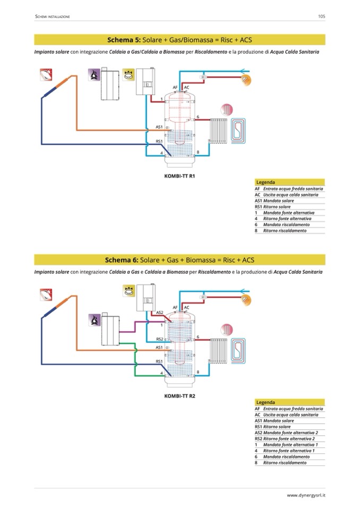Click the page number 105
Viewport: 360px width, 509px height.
[x=321, y=16]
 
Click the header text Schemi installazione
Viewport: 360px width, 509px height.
[x=53, y=17]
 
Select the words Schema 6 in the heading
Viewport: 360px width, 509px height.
[x=122, y=260]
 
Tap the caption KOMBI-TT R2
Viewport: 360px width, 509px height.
[x=180, y=396]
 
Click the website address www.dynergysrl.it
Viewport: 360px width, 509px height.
[x=306, y=495]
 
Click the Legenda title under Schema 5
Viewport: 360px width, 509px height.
[x=265, y=182]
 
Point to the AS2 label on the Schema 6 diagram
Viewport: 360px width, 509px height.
[x=160, y=312]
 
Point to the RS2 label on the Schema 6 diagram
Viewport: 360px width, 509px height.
[x=159, y=339]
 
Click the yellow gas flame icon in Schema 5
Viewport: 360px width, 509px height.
[x=127, y=75]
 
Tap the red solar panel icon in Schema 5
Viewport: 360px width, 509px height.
[x=46, y=74]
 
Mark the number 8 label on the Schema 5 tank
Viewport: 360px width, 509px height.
[x=198, y=152]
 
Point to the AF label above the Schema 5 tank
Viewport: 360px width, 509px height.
[x=175, y=87]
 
